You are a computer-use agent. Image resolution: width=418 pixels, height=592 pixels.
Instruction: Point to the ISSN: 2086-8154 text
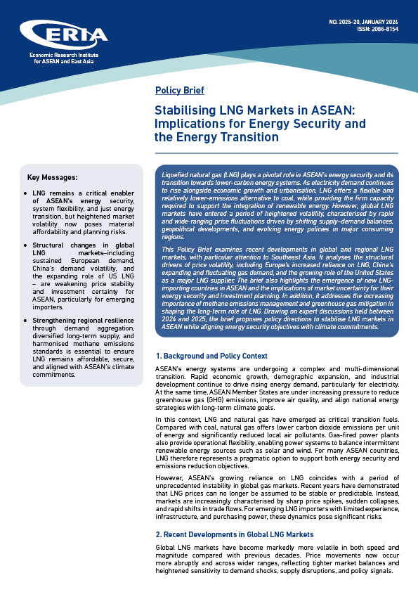[x=379, y=30]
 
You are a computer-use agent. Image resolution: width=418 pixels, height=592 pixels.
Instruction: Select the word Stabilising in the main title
[x=185, y=110]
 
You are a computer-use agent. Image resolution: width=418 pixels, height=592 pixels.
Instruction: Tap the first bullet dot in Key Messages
[x=26, y=193]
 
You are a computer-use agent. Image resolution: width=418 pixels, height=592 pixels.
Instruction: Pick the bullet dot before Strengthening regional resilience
[x=26, y=320]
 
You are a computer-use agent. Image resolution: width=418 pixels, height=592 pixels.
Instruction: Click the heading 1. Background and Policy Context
[x=211, y=356]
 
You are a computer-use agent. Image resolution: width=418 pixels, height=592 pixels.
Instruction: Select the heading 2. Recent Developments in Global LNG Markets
[x=234, y=534]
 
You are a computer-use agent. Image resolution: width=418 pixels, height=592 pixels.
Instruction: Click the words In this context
[x=176, y=419]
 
